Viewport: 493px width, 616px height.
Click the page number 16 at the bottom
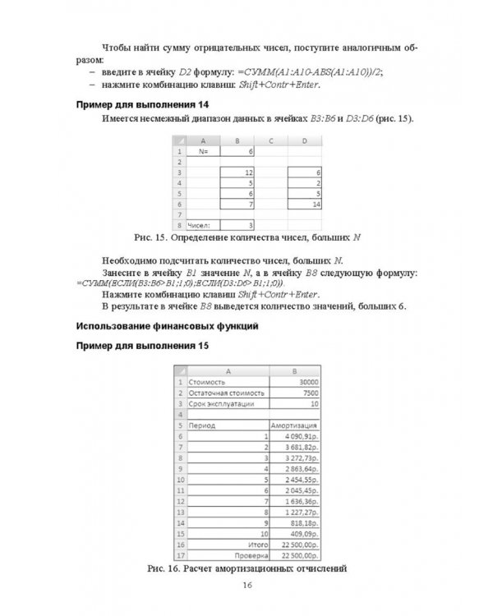(247, 585)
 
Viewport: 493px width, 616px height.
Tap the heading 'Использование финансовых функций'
(167, 326)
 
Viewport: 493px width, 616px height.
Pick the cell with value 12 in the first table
(238, 172)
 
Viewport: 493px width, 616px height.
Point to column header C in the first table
(271, 141)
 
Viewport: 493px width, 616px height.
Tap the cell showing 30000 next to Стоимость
(298, 382)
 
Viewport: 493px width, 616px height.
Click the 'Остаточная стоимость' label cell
(227, 393)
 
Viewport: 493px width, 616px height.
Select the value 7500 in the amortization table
(298, 393)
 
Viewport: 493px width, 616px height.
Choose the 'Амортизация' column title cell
(293, 425)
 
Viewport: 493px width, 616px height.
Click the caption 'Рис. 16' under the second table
(246, 568)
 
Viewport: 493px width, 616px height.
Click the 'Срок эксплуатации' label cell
(227, 403)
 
